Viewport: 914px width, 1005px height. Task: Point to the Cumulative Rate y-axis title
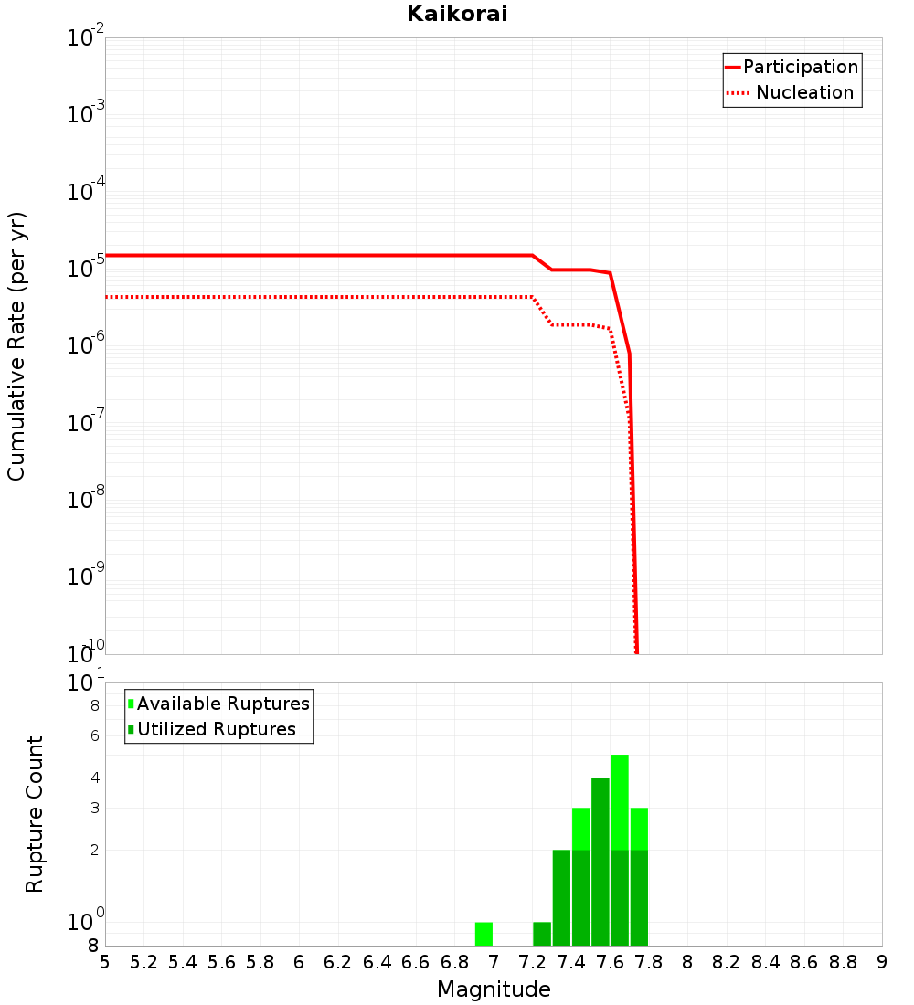(x=16, y=345)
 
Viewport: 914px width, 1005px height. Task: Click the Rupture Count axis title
(x=35, y=814)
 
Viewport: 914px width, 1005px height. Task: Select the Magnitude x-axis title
(x=494, y=989)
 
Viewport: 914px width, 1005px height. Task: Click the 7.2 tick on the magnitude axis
(x=533, y=962)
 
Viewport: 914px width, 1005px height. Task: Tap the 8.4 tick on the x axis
(x=766, y=962)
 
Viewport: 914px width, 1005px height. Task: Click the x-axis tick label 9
(x=882, y=962)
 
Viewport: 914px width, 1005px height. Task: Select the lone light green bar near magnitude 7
(x=484, y=934)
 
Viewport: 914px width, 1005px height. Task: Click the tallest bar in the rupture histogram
(x=620, y=850)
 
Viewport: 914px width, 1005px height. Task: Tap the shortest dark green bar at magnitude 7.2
(x=542, y=934)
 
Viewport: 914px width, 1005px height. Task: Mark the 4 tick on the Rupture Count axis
(x=95, y=778)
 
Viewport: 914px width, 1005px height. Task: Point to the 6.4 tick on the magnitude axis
(x=377, y=962)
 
